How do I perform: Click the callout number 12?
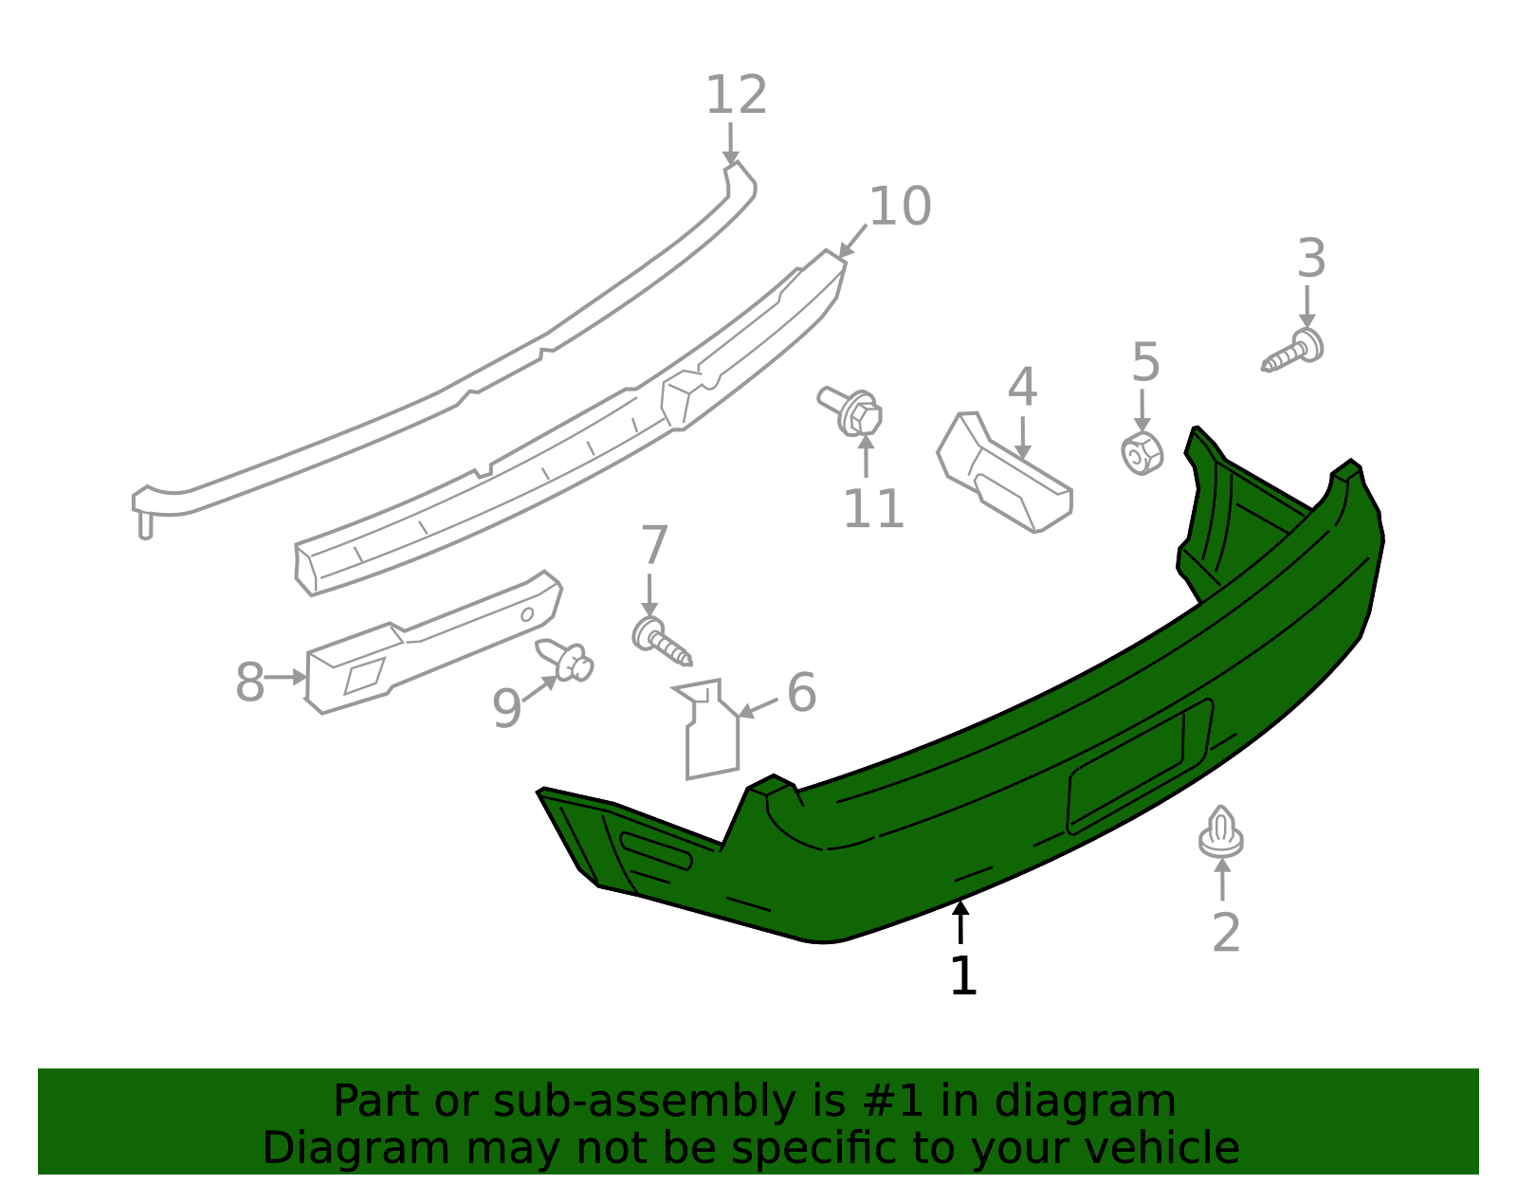point(737,95)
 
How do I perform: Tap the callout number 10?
point(900,207)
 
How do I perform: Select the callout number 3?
point(1311,259)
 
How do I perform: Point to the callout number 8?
point(250,682)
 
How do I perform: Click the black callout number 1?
point(963,976)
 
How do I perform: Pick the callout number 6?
point(801,693)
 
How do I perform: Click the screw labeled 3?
point(1292,350)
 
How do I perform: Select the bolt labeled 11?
point(850,411)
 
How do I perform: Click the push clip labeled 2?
point(1220,832)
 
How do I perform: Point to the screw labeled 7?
point(661,641)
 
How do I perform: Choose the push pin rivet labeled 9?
point(564,660)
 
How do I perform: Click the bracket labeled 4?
point(1004,472)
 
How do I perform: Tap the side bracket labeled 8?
point(433,643)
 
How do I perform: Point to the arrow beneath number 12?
point(730,145)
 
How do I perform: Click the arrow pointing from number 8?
point(285,677)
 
